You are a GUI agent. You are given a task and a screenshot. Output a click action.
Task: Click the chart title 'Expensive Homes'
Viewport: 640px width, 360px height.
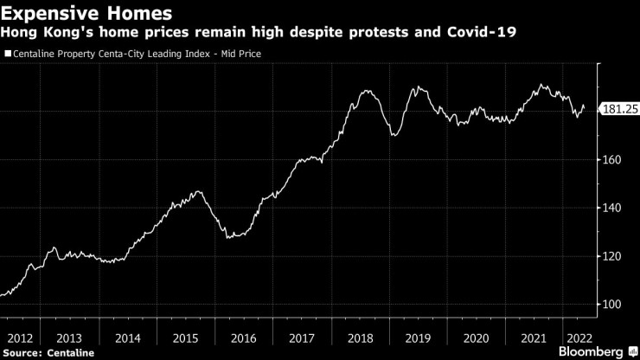pos(86,14)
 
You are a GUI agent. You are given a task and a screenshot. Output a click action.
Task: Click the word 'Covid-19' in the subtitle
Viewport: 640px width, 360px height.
pos(478,34)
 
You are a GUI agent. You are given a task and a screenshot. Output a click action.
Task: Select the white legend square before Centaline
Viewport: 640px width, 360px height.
pos(9,54)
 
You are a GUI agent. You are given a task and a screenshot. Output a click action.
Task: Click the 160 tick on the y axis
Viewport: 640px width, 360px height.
pos(611,160)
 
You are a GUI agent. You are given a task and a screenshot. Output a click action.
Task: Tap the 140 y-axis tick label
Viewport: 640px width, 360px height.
pos(611,209)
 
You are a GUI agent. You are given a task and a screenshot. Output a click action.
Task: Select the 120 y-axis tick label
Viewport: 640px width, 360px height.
pos(611,257)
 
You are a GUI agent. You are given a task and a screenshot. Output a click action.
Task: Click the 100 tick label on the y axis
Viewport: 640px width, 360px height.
pos(611,305)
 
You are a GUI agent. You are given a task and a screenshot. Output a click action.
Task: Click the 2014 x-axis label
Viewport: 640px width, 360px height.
pos(128,337)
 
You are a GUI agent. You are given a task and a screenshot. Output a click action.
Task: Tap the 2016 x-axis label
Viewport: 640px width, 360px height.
pos(245,337)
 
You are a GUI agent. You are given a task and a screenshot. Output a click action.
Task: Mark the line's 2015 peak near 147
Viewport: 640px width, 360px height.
pos(198,191)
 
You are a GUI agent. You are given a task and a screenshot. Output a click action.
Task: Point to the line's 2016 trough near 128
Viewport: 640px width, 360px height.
pos(229,237)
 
